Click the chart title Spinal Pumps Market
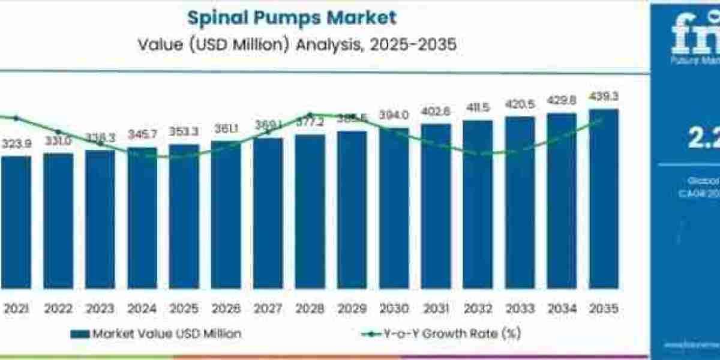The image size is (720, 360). [292, 17]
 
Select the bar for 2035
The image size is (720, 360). [604, 198]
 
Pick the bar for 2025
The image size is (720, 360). [184, 216]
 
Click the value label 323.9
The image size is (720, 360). [16, 145]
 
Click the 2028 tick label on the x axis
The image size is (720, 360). [310, 308]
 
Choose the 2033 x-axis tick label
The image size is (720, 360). [520, 308]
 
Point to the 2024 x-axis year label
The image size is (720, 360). [142, 308]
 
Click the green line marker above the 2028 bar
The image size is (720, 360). [310, 115]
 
